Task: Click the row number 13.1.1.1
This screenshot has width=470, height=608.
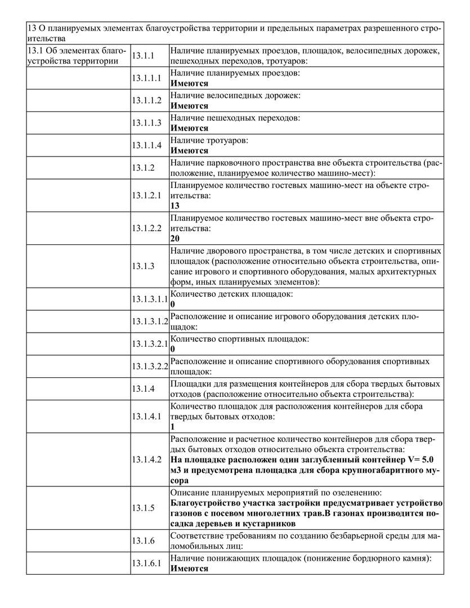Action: click(147, 78)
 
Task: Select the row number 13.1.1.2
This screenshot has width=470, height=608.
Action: click(147, 101)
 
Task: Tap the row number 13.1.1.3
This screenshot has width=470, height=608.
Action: click(147, 123)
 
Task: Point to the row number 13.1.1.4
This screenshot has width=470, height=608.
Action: click(147, 146)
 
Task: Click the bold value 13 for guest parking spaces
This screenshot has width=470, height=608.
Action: click(174, 206)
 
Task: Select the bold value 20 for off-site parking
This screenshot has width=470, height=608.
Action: click(174, 239)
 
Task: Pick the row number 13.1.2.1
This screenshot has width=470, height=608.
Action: click(147, 195)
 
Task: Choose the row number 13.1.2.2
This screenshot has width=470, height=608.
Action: click(147, 228)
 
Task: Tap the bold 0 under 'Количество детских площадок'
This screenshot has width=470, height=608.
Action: click(172, 305)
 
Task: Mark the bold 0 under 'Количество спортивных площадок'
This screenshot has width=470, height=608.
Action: click(172, 349)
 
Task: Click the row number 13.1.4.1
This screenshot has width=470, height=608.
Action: click(147, 417)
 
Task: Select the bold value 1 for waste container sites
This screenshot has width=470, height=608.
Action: click(172, 427)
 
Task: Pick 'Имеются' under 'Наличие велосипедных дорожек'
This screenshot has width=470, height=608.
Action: click(189, 106)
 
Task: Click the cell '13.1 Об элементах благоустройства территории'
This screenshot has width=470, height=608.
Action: click(78, 56)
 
